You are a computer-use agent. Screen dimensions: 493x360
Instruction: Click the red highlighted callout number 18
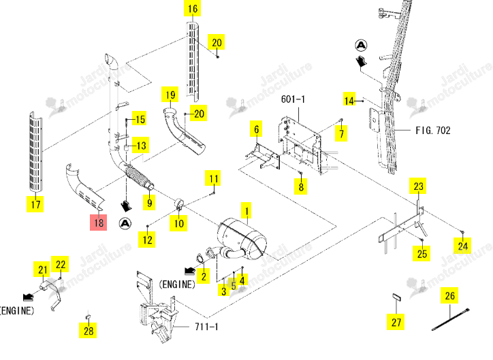point(99,223)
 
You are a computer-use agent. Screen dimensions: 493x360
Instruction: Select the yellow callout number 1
point(246,211)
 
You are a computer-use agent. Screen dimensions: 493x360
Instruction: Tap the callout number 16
point(193,8)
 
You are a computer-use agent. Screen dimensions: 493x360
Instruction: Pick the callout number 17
point(35,204)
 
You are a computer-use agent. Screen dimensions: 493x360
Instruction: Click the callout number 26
point(449,295)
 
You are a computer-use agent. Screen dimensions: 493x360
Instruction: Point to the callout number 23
point(418,186)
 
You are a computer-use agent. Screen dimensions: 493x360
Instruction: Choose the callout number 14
point(349,100)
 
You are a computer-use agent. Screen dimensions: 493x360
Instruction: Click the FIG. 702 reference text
point(433,130)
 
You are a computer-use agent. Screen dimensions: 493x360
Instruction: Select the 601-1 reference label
point(293,99)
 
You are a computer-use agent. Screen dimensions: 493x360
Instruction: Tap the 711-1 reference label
point(206,327)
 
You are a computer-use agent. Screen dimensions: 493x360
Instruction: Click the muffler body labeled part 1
point(242,239)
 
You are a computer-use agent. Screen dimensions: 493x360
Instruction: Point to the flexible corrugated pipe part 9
point(139,178)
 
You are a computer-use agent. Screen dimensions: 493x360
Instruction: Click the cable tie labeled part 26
point(450,320)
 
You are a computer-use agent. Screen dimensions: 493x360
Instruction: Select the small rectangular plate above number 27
point(396,297)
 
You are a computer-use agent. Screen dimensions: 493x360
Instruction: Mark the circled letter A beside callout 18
point(125,224)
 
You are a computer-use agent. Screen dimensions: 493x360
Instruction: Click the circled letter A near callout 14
point(361,45)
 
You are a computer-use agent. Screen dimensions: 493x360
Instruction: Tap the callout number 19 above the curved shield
point(170,94)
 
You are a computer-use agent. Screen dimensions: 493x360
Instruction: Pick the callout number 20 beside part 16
point(217,42)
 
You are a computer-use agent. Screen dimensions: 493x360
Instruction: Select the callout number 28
point(88,330)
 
